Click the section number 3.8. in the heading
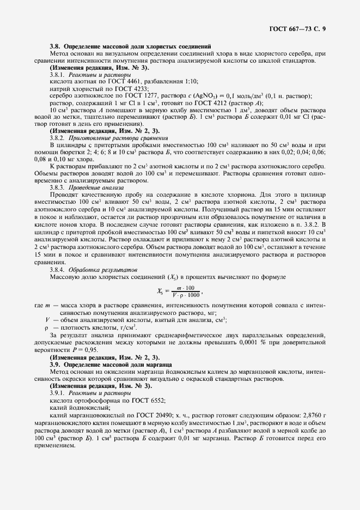point(56,47)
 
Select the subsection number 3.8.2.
point(58,138)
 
